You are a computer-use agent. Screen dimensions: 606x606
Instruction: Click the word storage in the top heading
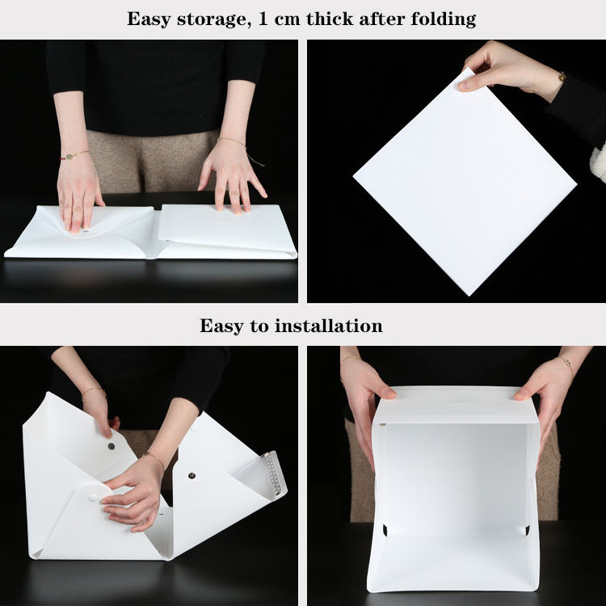pyautogui.click(x=212, y=19)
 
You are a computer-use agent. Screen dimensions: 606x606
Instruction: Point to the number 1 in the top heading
pyautogui.click(x=263, y=19)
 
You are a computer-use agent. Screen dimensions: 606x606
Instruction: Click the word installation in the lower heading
pyautogui.click(x=330, y=326)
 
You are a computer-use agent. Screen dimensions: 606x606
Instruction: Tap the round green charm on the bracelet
pyautogui.click(x=69, y=157)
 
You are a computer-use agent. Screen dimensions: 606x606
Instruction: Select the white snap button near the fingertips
pyautogui.click(x=94, y=498)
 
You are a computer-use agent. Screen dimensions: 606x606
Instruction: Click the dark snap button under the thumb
pyautogui.click(x=112, y=446)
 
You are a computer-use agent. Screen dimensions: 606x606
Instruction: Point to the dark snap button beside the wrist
pyautogui.click(x=191, y=475)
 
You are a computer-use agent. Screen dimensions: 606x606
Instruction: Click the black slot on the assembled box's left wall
pyautogui.click(x=385, y=530)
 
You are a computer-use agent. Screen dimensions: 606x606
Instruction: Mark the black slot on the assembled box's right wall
pyautogui.click(x=527, y=530)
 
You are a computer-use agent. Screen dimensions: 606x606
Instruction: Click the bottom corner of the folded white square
pyautogui.click(x=469, y=296)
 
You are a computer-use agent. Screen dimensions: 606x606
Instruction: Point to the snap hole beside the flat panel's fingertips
pyautogui.click(x=86, y=231)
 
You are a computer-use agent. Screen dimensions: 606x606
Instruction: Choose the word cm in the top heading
pyautogui.click(x=287, y=20)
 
